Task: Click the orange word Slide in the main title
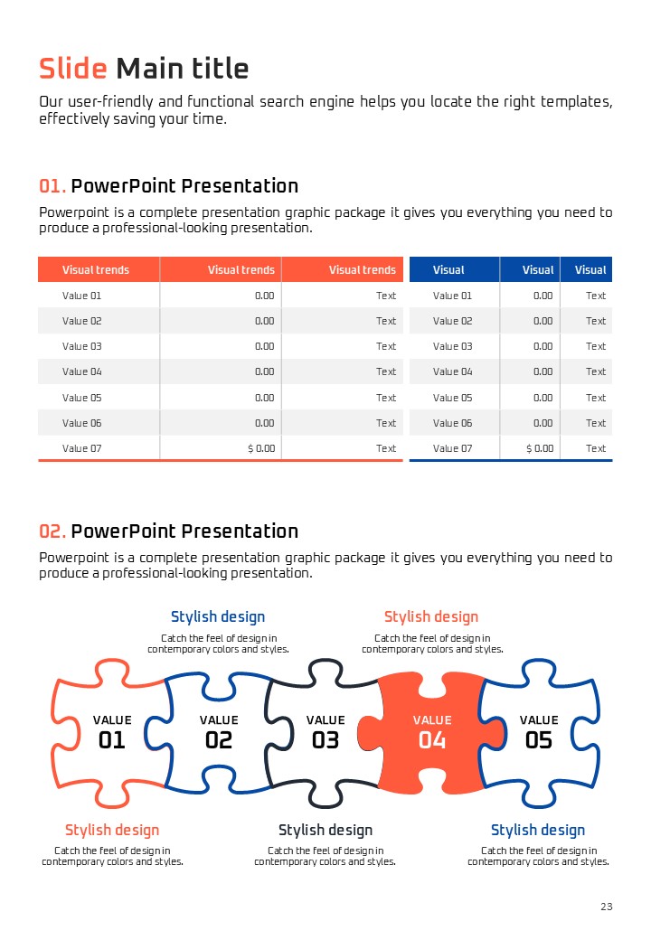click(73, 69)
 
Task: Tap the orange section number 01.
click(52, 186)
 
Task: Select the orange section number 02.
click(52, 531)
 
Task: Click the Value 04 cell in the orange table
click(82, 371)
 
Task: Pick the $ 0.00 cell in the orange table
click(261, 448)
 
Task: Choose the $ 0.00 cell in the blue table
click(540, 448)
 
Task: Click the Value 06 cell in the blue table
click(453, 423)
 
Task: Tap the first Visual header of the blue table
click(448, 269)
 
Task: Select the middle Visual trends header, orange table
click(241, 269)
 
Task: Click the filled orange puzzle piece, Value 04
click(431, 733)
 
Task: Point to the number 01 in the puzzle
click(112, 740)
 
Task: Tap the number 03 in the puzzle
click(325, 740)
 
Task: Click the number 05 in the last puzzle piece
click(539, 740)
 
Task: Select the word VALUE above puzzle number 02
click(219, 720)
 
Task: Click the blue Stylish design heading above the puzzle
click(218, 616)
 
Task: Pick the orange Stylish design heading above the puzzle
click(431, 616)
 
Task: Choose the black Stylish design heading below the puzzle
click(325, 831)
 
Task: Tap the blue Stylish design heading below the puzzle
click(538, 831)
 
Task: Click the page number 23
click(607, 907)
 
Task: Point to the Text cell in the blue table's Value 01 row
click(596, 296)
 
